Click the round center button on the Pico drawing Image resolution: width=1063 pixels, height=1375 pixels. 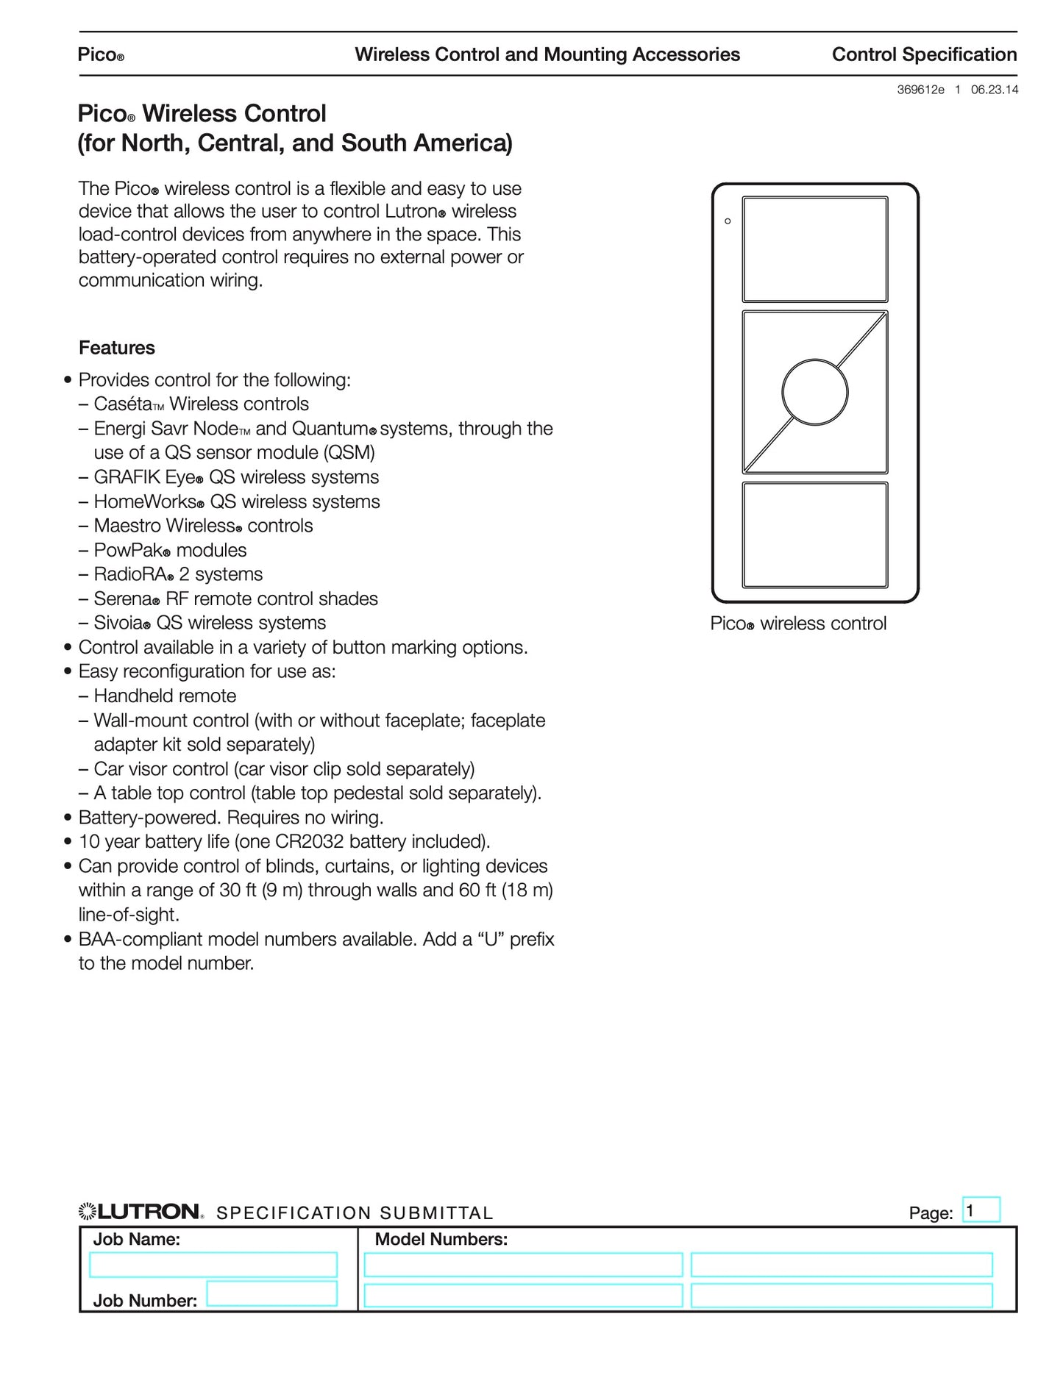(814, 393)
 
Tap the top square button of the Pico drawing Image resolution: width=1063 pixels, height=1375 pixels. (814, 249)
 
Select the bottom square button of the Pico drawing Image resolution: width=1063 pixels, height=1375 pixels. (814, 535)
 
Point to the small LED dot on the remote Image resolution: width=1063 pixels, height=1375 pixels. (728, 221)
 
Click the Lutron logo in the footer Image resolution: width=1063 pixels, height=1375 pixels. (140, 1212)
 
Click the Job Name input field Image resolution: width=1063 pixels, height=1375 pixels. (213, 1265)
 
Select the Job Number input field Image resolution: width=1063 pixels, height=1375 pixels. (271, 1293)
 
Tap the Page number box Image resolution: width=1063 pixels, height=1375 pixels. (981, 1210)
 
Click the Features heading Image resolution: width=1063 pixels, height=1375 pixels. (117, 348)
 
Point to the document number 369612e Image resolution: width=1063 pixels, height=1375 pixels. (920, 90)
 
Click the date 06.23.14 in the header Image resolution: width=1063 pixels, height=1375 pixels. (995, 90)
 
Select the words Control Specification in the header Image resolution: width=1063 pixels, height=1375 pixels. (924, 54)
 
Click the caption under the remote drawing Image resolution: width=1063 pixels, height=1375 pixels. (798, 624)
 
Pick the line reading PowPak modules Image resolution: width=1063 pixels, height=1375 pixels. (170, 550)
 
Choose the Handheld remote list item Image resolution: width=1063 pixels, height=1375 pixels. (165, 696)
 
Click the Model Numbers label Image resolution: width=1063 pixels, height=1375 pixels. (441, 1240)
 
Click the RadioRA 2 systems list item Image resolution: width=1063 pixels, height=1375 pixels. (178, 574)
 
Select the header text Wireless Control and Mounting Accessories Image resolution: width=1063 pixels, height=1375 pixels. (547, 54)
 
